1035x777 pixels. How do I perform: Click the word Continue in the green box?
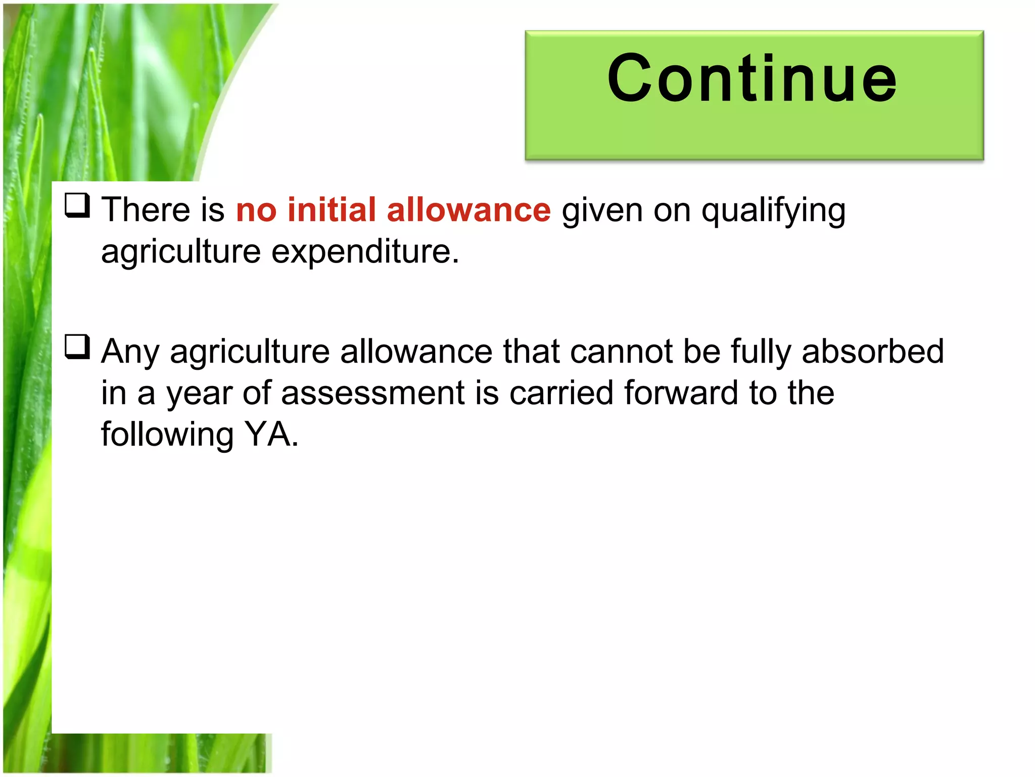click(752, 79)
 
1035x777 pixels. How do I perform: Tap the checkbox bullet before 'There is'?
click(77, 205)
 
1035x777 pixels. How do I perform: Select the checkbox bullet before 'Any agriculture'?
click(77, 347)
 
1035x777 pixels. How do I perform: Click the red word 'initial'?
click(332, 209)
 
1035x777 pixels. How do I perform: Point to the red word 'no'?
click(256, 210)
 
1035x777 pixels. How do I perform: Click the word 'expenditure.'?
click(365, 251)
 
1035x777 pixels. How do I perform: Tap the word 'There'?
click(146, 209)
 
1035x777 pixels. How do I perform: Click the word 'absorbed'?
click(872, 351)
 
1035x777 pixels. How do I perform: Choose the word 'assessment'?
click(372, 393)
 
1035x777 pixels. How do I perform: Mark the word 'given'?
click(602, 210)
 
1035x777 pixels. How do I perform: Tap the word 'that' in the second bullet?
click(531, 351)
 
